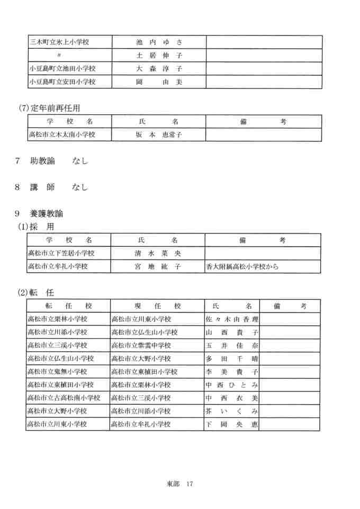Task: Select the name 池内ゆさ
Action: pos(159,42)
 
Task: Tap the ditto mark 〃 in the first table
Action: pos(59,55)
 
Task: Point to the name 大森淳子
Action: pos(159,68)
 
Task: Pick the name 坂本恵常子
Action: pos(159,135)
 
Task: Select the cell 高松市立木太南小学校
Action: pos(62,135)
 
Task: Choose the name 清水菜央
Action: pos(159,253)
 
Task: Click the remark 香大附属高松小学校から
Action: pos(242,266)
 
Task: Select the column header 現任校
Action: pos(157,306)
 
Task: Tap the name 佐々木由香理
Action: pos(231,319)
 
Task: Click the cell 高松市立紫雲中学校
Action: pos(141,345)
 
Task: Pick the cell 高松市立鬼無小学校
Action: pos(57,372)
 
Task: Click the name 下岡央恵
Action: pos(231,424)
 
